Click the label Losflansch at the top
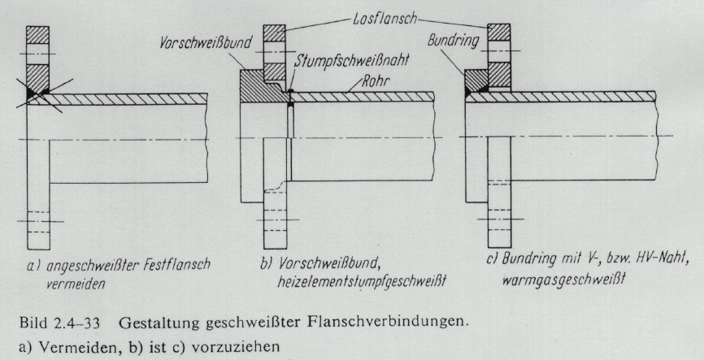coord(383,19)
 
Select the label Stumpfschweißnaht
coord(351,60)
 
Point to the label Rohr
coord(374,83)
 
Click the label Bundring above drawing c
coord(452,41)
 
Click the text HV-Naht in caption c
coord(664,259)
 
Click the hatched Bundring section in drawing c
coord(476,81)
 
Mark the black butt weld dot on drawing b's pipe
coord(291,92)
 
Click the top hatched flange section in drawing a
coord(37,35)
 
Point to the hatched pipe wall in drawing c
coord(561,97)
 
